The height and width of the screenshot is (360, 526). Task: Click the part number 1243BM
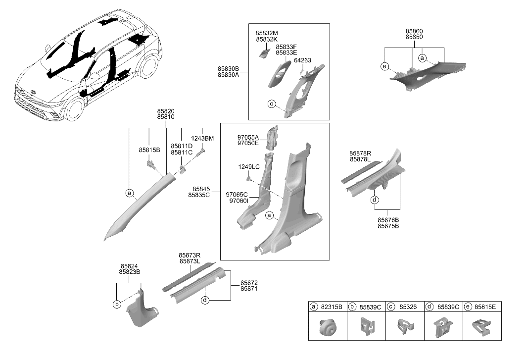click(202, 138)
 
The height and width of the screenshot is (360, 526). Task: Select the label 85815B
click(149, 150)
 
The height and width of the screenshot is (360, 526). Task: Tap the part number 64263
click(302, 60)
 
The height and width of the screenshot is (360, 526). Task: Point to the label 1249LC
click(249, 167)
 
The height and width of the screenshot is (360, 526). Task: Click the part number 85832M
click(267, 33)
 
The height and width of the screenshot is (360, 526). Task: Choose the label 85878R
click(360, 154)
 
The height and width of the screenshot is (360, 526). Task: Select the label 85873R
click(190, 256)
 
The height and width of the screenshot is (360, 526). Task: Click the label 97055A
click(248, 137)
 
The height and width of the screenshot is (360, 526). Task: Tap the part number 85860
click(414, 31)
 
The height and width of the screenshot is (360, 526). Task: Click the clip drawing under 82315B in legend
click(327, 327)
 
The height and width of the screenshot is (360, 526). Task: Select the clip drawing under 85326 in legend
click(405, 326)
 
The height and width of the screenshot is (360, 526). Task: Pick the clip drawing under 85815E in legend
click(482, 327)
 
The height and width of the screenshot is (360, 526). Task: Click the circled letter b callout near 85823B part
click(117, 304)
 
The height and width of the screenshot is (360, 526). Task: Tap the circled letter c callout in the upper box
click(271, 104)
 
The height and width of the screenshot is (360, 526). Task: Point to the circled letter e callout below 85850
click(384, 66)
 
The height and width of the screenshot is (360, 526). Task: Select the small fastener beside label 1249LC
click(249, 177)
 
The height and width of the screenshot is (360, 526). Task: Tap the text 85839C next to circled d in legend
click(448, 307)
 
